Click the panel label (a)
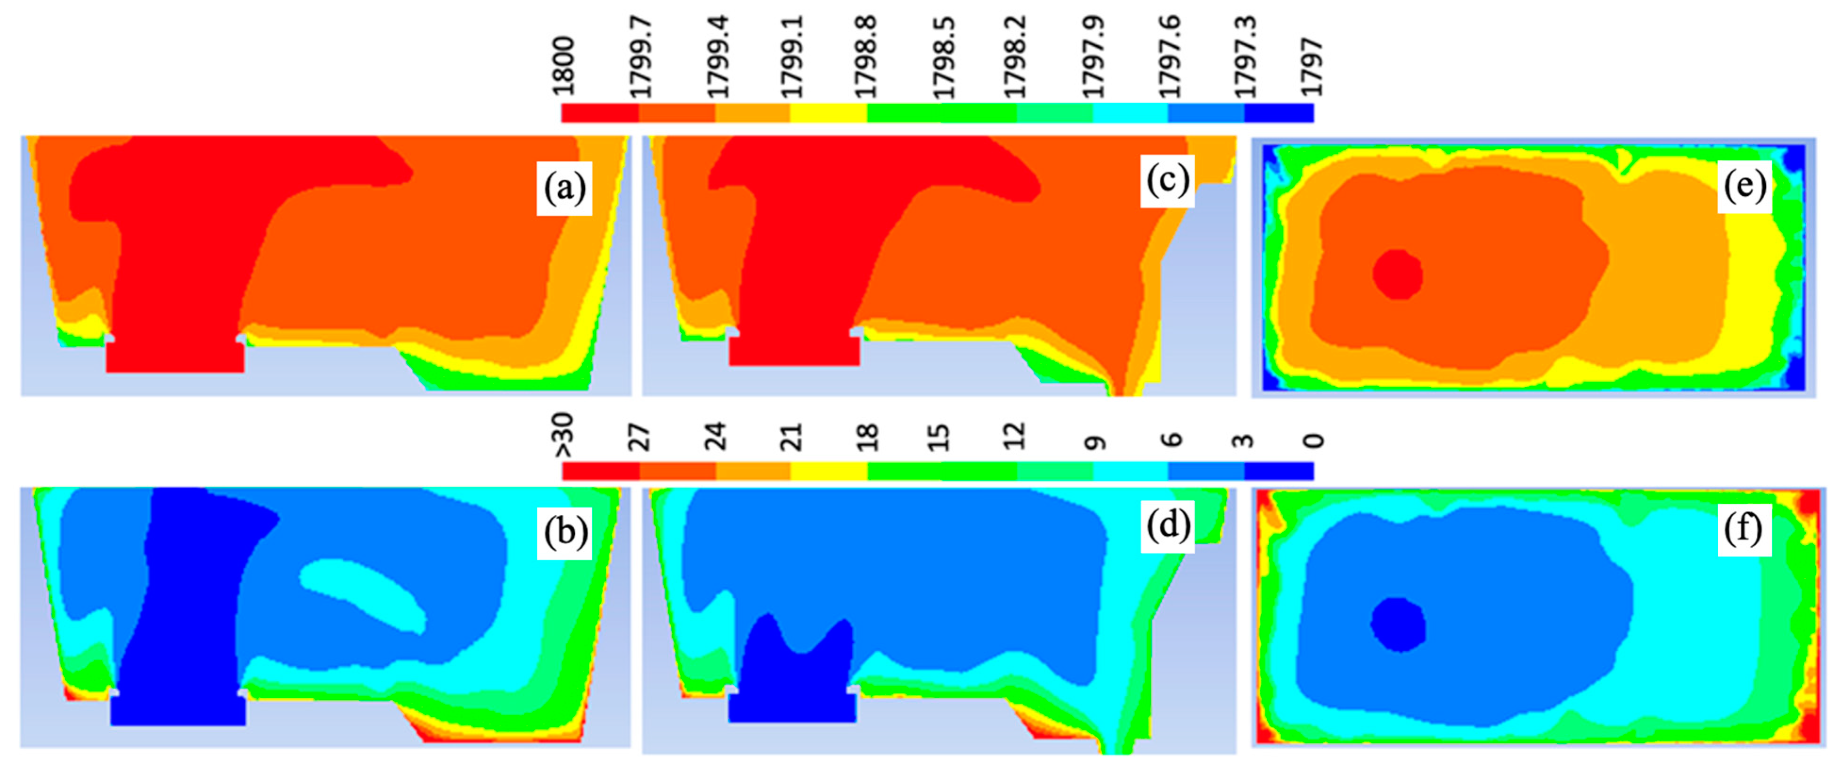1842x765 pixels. click(x=564, y=188)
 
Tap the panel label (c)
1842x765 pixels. click(x=1167, y=180)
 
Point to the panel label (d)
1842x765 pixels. click(x=1167, y=526)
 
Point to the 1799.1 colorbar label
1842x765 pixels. click(x=791, y=57)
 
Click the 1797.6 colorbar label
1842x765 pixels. click(x=1169, y=57)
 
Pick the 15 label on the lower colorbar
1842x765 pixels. click(x=939, y=437)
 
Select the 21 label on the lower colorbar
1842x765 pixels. click(x=791, y=437)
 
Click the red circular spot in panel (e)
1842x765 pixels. click(x=1397, y=274)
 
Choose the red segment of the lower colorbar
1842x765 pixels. click(x=601, y=471)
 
